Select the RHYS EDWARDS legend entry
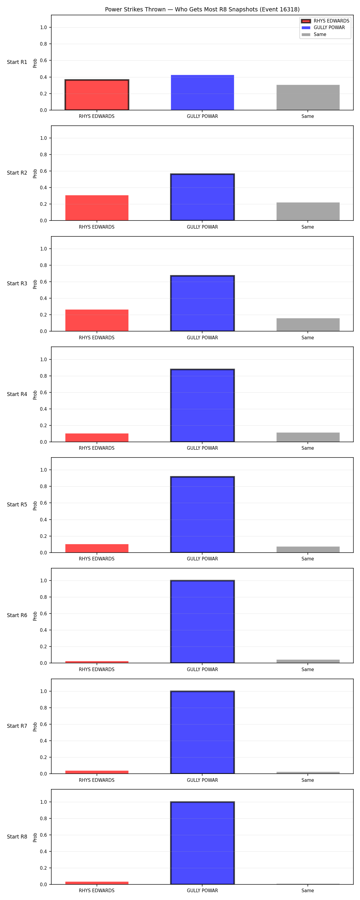[325, 21]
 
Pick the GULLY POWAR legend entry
[323, 28]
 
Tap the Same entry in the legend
[314, 34]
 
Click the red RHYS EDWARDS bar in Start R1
[97, 95]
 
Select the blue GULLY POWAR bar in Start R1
[202, 93]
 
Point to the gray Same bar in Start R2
[308, 211]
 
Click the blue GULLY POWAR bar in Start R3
[202, 303]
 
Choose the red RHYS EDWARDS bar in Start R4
[97, 437]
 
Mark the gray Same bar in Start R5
[308, 549]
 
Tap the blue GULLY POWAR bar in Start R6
[202, 622]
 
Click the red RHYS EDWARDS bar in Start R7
[97, 772]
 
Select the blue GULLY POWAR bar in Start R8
[202, 843]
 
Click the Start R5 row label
[17, 505]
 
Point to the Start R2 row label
[17, 172]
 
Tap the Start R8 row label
[17, 836]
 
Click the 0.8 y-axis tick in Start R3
[43, 265]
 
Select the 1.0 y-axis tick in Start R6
[43, 581]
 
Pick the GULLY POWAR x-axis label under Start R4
[202, 448]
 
